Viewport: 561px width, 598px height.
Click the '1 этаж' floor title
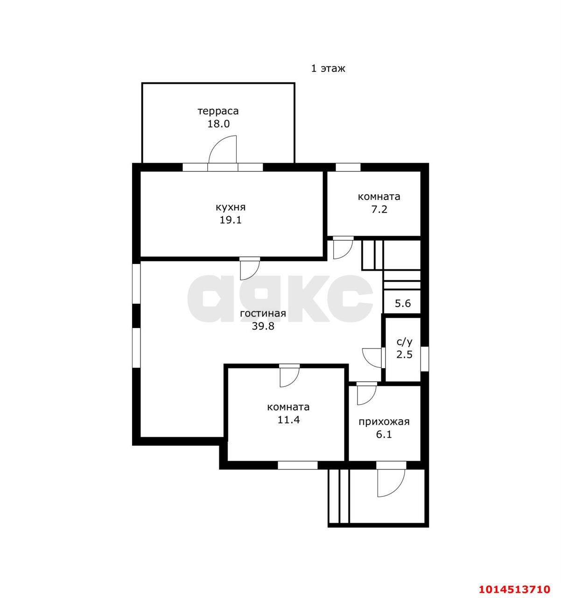(328, 69)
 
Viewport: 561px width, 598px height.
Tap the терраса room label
(218, 111)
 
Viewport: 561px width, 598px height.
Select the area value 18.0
(218, 124)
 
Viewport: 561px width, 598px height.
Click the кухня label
(231, 207)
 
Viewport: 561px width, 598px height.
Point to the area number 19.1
(231, 220)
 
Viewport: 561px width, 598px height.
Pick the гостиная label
(263, 313)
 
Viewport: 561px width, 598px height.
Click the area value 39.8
(263, 326)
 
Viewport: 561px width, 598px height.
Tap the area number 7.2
(379, 209)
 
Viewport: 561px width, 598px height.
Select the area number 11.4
(288, 420)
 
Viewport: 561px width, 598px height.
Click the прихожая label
(384, 422)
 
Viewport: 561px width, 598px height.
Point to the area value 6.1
(384, 434)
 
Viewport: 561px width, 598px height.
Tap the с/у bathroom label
(404, 342)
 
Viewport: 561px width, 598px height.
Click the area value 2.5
(404, 355)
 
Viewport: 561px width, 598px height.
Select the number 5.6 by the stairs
(403, 303)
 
